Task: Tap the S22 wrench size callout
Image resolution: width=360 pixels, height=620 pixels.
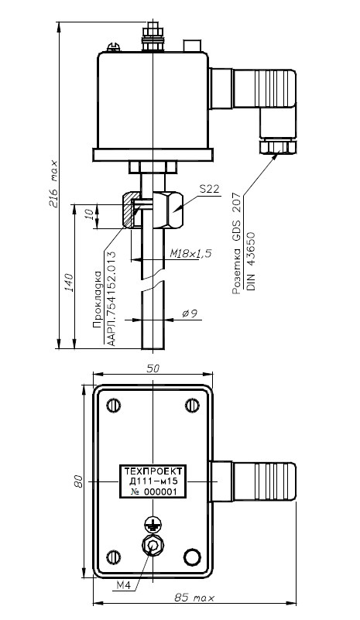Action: pos(209,189)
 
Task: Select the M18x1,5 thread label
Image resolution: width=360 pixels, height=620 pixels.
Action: pos(190,253)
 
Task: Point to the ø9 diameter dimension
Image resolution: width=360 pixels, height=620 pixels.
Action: pos(190,314)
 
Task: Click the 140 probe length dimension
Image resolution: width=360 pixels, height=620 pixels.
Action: pos(69,283)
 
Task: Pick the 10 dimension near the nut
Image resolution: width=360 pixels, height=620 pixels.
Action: pos(91,214)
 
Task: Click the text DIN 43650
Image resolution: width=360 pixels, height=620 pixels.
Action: pos(251,261)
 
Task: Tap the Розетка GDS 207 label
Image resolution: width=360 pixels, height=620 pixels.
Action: pos(237,243)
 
